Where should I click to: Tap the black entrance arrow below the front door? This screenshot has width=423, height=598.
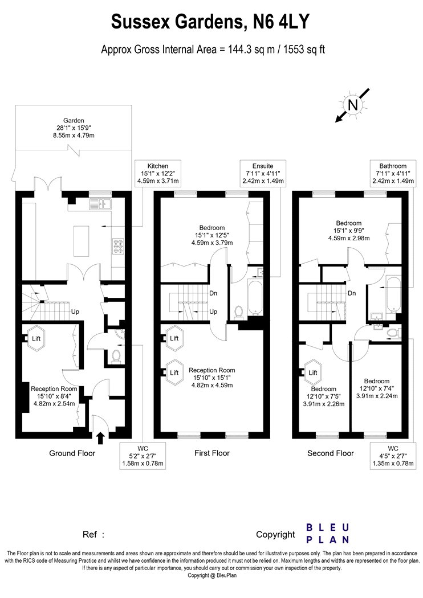tap(100, 438)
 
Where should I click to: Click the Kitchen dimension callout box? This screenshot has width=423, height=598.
tap(158, 174)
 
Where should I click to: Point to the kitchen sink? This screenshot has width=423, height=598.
tap(100, 204)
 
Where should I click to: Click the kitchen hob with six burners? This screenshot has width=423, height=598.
tap(118, 246)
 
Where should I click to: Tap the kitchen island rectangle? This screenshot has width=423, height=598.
tap(82, 241)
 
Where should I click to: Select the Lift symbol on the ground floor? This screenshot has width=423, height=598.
tap(36, 338)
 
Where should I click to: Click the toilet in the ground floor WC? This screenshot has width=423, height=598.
tap(116, 356)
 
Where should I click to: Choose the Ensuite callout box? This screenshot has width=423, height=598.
tap(263, 174)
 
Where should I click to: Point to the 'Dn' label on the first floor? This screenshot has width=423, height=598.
tap(213, 293)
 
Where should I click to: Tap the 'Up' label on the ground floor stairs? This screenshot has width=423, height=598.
tap(75, 312)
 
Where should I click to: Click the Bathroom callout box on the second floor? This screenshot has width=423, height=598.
tap(393, 174)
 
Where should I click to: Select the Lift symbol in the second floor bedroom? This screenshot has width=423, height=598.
tap(312, 372)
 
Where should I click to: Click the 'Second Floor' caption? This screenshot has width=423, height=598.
tap(331, 453)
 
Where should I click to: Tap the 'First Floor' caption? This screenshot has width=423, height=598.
tap(212, 453)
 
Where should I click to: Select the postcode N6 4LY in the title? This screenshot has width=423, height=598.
tap(281, 22)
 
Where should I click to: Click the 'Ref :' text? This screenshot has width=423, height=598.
tap(93, 534)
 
